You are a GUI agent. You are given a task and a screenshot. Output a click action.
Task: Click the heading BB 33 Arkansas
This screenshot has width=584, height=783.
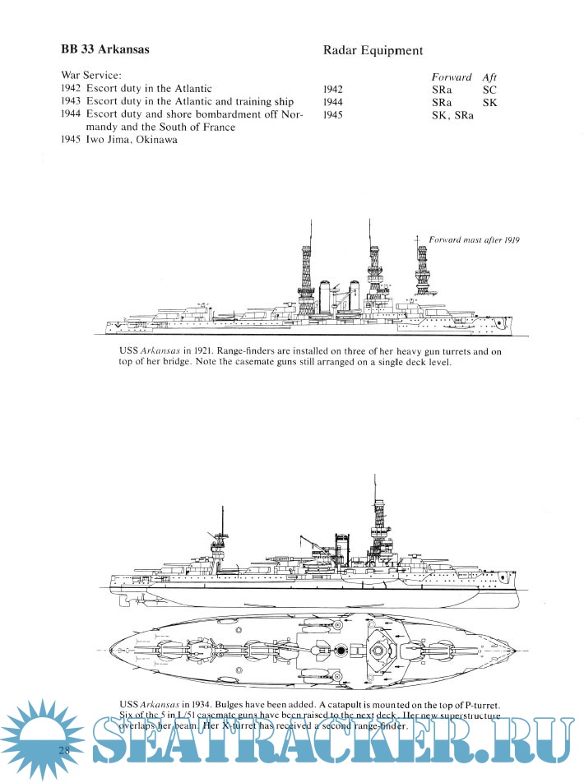(x=105, y=49)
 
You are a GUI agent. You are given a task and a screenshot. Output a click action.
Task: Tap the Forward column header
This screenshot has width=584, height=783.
(x=452, y=76)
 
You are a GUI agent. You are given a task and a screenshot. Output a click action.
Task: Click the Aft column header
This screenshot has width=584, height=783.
(x=489, y=76)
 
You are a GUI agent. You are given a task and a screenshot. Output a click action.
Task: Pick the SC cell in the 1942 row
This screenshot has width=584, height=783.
(x=490, y=89)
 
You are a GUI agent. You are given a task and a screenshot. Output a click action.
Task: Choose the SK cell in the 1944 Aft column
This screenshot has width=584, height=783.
(x=490, y=102)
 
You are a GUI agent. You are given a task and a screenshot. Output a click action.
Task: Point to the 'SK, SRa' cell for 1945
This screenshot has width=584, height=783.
(x=452, y=115)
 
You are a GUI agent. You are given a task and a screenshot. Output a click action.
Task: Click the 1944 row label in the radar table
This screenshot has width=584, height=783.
(x=333, y=102)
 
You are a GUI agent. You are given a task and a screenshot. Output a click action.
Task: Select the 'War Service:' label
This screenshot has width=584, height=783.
(x=91, y=75)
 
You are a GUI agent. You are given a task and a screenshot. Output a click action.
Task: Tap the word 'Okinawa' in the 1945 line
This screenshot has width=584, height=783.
(x=158, y=140)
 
